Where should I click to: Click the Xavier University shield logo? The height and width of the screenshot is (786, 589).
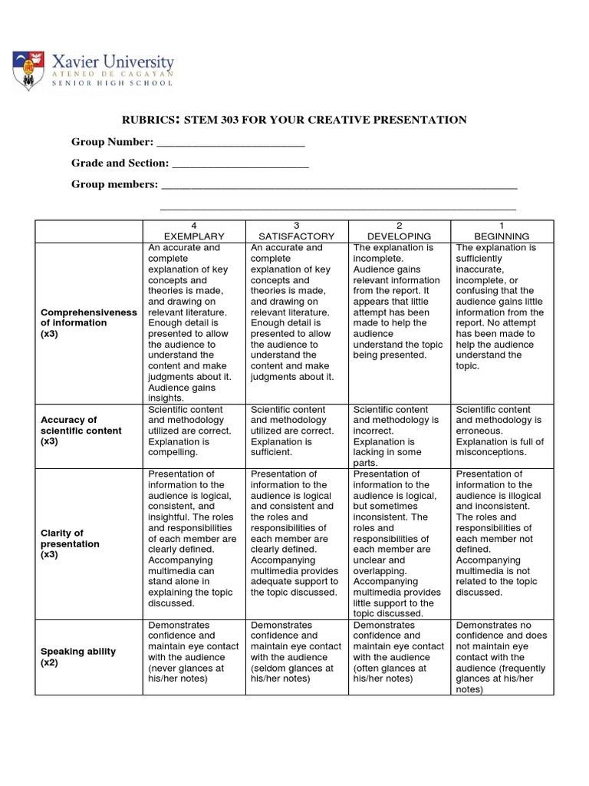tap(27, 70)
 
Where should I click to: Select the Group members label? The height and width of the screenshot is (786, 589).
tap(114, 184)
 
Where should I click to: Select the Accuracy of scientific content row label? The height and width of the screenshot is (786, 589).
tap(81, 431)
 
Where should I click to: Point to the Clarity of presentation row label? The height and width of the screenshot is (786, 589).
tap(71, 543)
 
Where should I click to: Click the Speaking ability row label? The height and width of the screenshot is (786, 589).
tap(78, 656)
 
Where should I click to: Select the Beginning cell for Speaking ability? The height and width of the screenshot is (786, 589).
tap(501, 657)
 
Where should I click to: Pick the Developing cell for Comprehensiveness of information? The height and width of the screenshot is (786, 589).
tap(399, 302)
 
